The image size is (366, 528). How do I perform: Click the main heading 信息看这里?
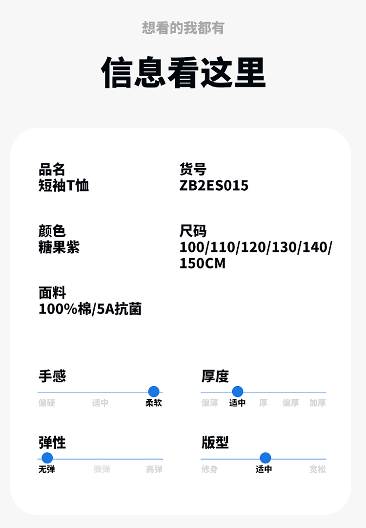[x=183, y=73]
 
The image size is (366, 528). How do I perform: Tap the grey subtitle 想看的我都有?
[x=183, y=28]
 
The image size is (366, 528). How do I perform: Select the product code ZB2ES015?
[x=214, y=186]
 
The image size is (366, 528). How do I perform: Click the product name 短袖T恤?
[x=63, y=186]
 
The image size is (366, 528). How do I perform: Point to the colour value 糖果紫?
[x=59, y=247]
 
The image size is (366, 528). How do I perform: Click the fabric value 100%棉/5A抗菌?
[x=90, y=309]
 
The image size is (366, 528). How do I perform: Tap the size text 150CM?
[x=203, y=264]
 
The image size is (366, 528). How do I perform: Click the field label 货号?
[x=193, y=170]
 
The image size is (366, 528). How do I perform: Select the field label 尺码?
[x=193, y=231]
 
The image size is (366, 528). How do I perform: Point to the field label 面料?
[x=52, y=293]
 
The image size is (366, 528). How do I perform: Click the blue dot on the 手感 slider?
[x=154, y=392]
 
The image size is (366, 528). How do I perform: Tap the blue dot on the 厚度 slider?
[x=238, y=392]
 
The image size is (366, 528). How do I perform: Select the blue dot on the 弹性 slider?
[x=47, y=458]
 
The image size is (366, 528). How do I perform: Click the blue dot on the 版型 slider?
[x=265, y=458]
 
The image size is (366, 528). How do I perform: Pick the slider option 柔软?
[x=154, y=403]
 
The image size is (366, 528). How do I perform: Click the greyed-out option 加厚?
[x=317, y=403]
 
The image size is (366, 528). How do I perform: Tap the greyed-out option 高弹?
[x=154, y=469]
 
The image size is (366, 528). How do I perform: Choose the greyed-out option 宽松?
[x=317, y=469]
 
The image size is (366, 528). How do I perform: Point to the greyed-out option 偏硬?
[x=47, y=403]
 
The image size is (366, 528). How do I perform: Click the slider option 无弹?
[x=47, y=469]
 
